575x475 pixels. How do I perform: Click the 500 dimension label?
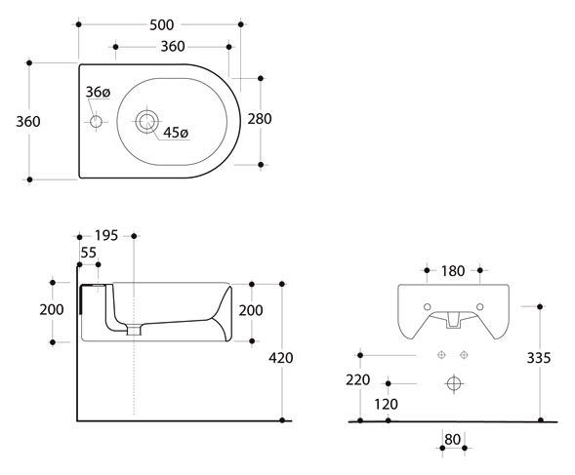[162, 25]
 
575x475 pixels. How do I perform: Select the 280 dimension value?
[260, 119]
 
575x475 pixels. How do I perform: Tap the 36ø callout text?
[98, 92]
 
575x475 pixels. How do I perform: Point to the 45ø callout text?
[176, 133]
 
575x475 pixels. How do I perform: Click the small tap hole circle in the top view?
[96, 121]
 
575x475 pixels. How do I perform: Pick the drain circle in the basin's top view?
[147, 121]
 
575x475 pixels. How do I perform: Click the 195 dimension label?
[106, 236]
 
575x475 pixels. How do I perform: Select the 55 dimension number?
[89, 253]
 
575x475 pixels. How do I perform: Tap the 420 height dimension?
[281, 358]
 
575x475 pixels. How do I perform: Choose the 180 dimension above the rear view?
[453, 271]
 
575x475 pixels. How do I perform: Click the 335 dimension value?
[539, 358]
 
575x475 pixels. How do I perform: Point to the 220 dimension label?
[358, 379]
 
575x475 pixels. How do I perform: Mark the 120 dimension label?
[387, 404]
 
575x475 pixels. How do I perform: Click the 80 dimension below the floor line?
[453, 440]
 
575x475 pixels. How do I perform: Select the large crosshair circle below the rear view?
[454, 383]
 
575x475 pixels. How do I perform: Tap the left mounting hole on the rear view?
[428, 307]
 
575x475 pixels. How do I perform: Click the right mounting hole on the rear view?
[479, 307]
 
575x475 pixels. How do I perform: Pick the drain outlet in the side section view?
[134, 330]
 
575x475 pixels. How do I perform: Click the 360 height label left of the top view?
[28, 122]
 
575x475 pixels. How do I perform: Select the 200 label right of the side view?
[251, 310]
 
